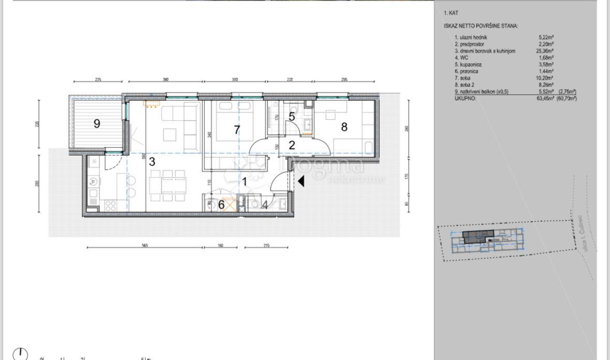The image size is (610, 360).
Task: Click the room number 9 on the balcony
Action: pyautogui.click(x=97, y=124)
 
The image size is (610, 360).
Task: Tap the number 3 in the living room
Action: pyautogui.click(x=152, y=161)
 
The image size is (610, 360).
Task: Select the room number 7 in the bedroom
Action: pyautogui.click(x=237, y=130)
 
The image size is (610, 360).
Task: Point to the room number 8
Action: pyautogui.click(x=344, y=127)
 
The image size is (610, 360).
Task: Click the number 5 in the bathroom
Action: pyautogui.click(x=292, y=117)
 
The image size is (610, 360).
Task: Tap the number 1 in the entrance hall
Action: pyautogui.click(x=244, y=182)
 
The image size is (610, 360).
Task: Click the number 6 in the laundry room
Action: pyautogui.click(x=221, y=205)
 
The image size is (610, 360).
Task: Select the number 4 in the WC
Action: pyautogui.click(x=265, y=205)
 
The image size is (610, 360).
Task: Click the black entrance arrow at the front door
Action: pyautogui.click(x=301, y=182)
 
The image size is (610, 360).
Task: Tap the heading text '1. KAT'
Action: pyautogui.click(x=451, y=13)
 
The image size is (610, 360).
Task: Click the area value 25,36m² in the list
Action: pyautogui.click(x=545, y=51)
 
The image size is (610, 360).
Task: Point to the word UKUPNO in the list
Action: pyautogui.click(x=465, y=98)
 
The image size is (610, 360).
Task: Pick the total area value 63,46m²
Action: pyautogui.click(x=546, y=98)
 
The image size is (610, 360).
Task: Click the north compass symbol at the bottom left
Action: pyautogui.click(x=20, y=354)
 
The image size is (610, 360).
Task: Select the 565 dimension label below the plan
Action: pyautogui.click(x=145, y=245)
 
